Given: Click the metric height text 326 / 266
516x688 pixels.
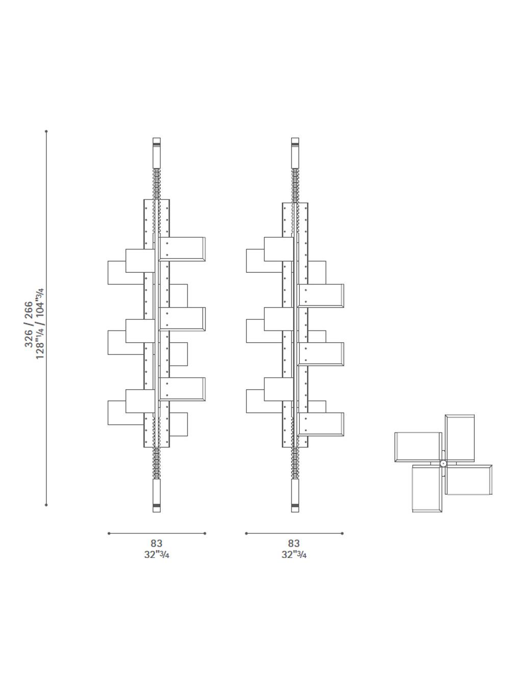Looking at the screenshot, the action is [29, 324].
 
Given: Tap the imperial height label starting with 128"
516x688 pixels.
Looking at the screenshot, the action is [40, 323].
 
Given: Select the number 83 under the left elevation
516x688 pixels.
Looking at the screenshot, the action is [157, 543].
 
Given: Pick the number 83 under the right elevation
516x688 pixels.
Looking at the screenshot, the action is [294, 543].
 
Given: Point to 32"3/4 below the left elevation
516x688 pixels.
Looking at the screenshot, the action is [157, 554].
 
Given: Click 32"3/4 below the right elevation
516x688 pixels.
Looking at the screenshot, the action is [294, 554].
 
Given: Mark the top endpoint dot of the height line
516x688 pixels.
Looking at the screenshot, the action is [46, 132].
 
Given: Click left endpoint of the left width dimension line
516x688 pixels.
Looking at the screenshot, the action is [109, 533].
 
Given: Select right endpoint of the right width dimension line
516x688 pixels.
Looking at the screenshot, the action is [342, 533].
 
